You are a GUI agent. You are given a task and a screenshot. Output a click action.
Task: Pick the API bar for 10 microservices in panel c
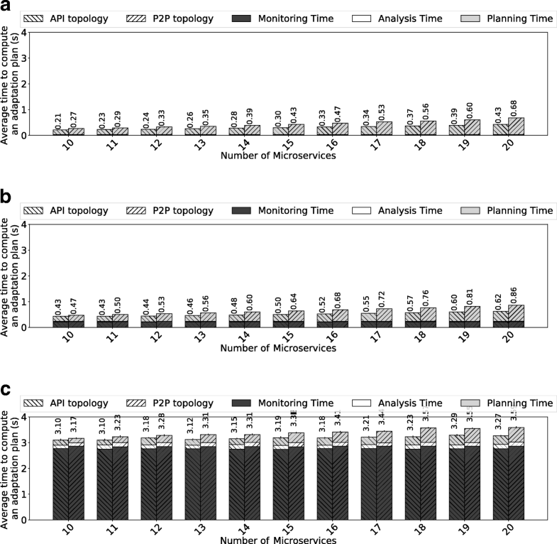(x=60, y=479)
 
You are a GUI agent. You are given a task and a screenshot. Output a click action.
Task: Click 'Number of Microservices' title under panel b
(x=278, y=349)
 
